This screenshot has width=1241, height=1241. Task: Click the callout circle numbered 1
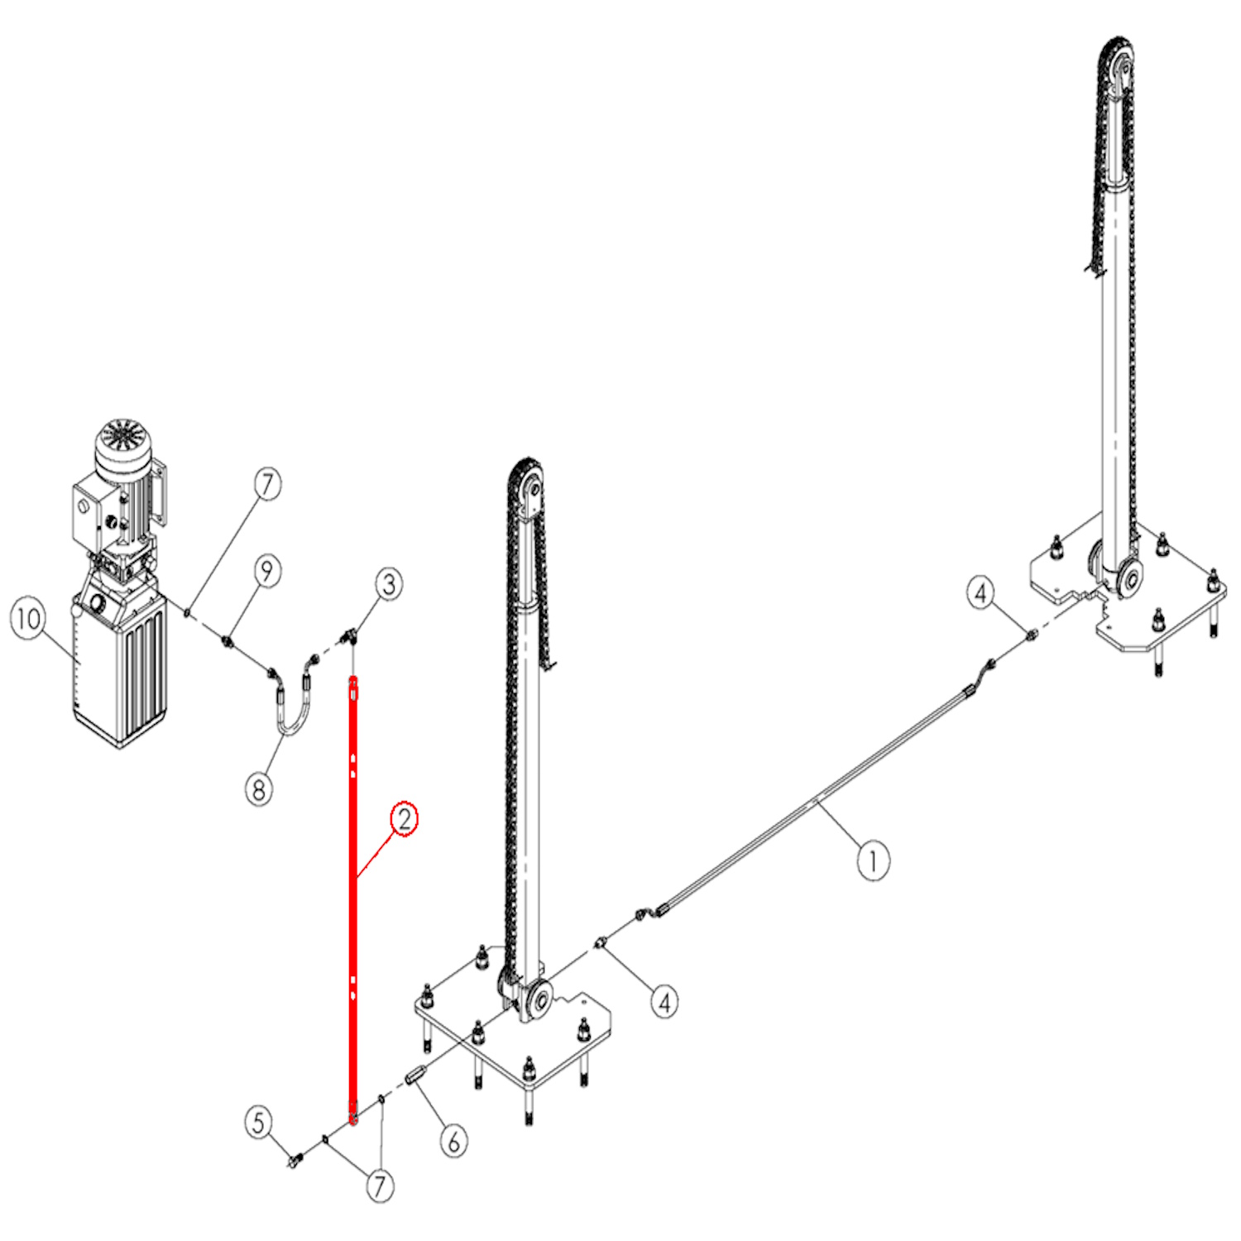click(872, 861)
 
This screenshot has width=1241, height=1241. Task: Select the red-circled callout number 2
click(405, 819)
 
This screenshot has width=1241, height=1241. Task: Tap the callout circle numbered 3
click(390, 584)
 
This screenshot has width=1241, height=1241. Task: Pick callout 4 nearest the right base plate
click(981, 592)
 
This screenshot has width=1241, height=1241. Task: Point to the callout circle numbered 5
click(259, 1123)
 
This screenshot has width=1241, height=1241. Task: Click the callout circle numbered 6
click(453, 1142)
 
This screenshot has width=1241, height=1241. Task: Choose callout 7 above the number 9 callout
click(267, 484)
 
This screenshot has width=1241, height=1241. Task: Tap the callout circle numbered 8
click(260, 788)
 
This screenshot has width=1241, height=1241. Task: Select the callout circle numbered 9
click(267, 571)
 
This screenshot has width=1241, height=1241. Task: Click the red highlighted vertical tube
click(353, 900)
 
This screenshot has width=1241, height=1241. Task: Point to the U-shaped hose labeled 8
click(291, 700)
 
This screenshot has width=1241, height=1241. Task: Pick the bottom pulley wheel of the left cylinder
click(538, 1000)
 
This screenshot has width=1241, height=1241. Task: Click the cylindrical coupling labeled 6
click(416, 1077)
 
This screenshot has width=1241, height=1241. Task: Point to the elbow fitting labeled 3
click(350, 636)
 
